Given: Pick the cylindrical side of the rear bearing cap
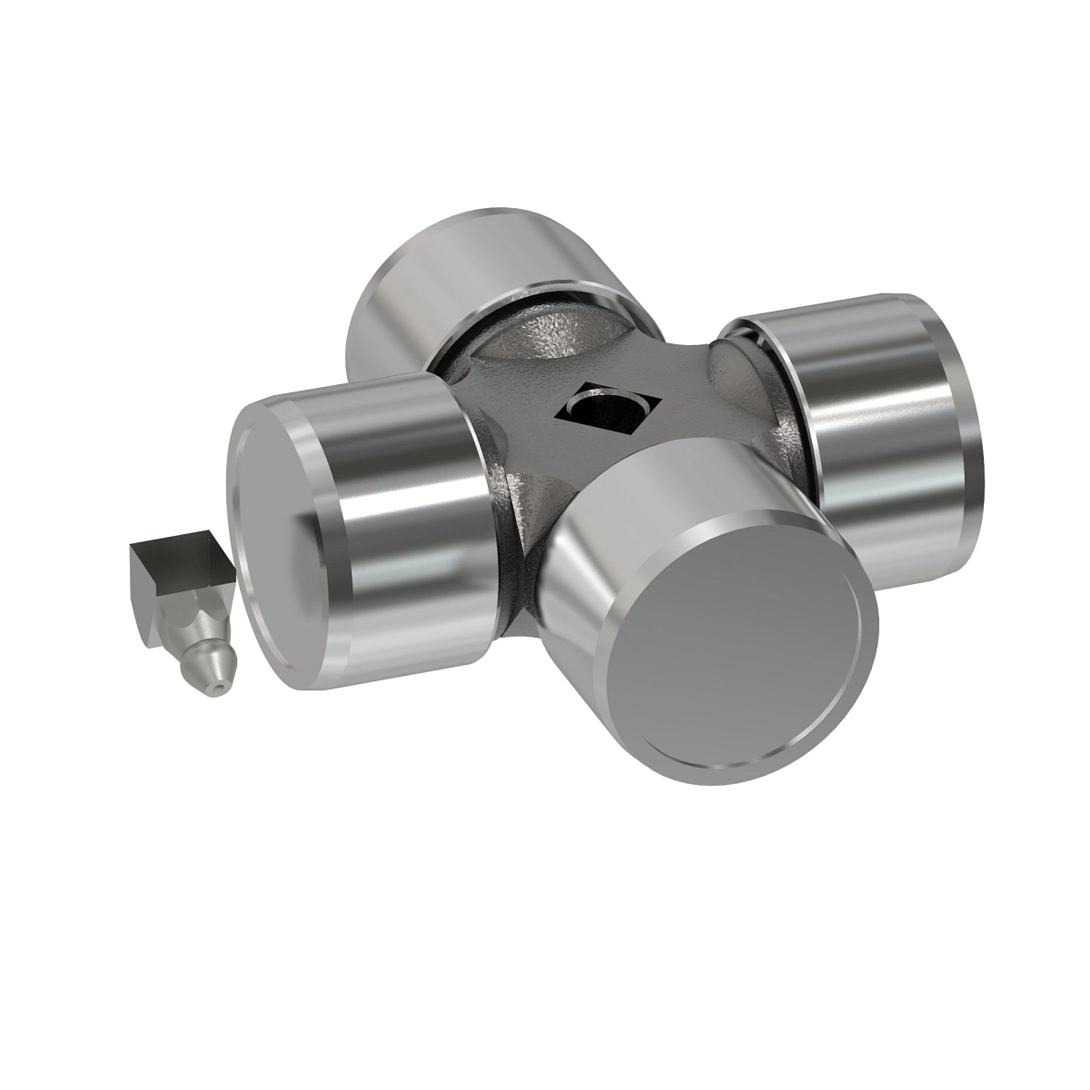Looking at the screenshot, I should (x=472, y=272).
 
